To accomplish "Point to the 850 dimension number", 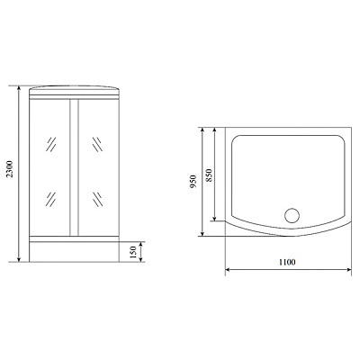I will (209, 173).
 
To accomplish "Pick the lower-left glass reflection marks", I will (54, 198).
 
